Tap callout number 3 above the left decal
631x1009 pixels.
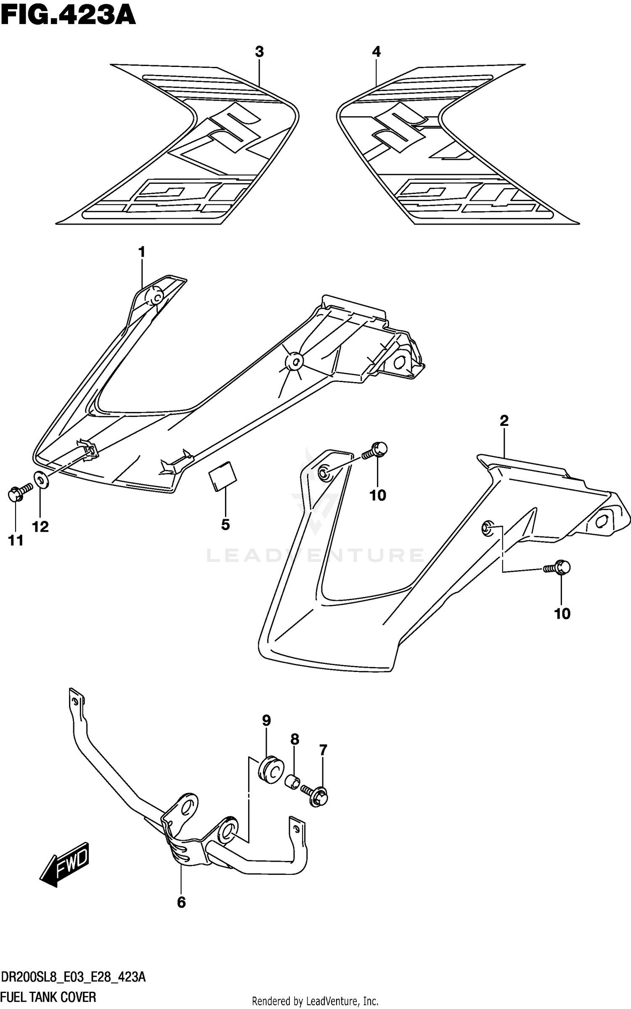[x=259, y=52]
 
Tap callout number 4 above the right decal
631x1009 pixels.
[x=376, y=52]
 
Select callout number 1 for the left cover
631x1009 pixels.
[x=142, y=252]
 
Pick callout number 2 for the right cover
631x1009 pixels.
[x=504, y=420]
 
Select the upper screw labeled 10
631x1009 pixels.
[x=376, y=451]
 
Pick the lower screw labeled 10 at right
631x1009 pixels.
[x=558, y=568]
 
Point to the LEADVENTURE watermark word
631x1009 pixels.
[x=315, y=555]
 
